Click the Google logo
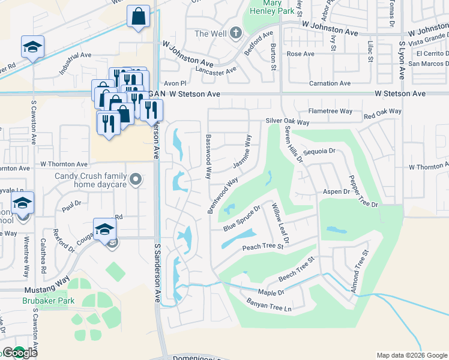(x=19, y=353)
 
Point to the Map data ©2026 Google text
(x=412, y=355)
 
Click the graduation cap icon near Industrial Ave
(x=32, y=47)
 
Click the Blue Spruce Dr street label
(x=241, y=218)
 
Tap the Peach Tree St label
(x=262, y=247)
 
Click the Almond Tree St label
(x=358, y=271)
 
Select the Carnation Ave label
(x=329, y=83)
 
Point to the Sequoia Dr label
(x=319, y=152)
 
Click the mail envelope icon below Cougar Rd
(x=112, y=242)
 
